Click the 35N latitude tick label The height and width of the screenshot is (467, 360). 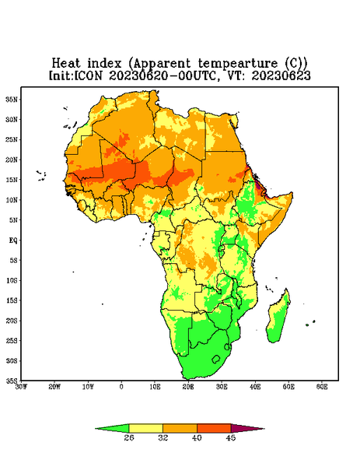pyautogui.click(x=12, y=100)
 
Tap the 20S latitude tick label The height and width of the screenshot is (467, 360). pyautogui.click(x=12, y=321)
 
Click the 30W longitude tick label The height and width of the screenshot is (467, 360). pyautogui.click(x=21, y=387)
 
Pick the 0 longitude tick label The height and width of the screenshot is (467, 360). pyautogui.click(x=121, y=387)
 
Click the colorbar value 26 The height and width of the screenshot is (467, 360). pyautogui.click(x=129, y=437)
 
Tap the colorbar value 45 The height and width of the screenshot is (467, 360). pyautogui.click(x=231, y=437)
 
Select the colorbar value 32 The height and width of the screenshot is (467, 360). pyautogui.click(x=163, y=437)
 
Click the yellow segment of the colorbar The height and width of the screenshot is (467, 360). pyautogui.click(x=145, y=428)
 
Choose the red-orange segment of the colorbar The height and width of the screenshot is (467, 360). pyautogui.click(x=214, y=428)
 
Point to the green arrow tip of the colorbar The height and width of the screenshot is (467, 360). pyautogui.click(x=96, y=429)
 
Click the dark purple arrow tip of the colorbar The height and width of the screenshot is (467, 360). pyautogui.click(x=264, y=429)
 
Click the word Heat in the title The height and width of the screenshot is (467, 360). pyautogui.click(x=66, y=64)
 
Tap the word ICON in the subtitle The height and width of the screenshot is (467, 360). pyautogui.click(x=88, y=75)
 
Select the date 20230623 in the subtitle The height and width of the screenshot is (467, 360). pyautogui.click(x=281, y=75)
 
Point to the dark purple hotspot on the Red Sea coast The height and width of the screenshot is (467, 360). pyautogui.click(x=258, y=186)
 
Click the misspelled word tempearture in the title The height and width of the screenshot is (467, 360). pyautogui.click(x=238, y=64)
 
